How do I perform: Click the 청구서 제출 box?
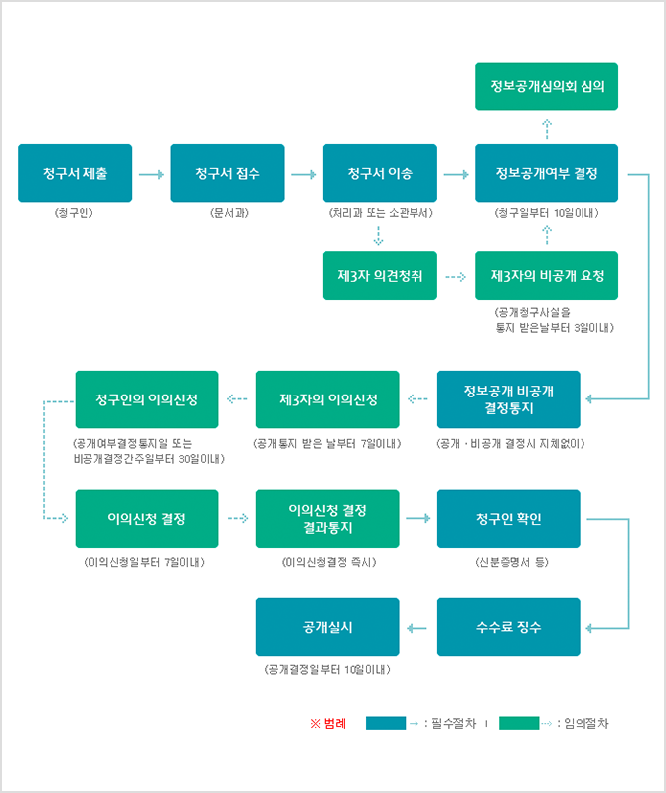point(76,174)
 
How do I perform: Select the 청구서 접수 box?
point(228,174)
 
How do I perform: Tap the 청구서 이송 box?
point(380,174)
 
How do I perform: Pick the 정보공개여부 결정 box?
point(546,174)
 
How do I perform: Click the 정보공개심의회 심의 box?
point(546,85)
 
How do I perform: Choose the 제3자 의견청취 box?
point(380,275)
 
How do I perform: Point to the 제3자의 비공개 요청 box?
point(546,275)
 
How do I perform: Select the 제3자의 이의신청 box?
point(327,399)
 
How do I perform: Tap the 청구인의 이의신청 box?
point(146,399)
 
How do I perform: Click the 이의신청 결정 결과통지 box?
point(327,518)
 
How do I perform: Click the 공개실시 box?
point(327,627)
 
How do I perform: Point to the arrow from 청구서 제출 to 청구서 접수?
point(151,174)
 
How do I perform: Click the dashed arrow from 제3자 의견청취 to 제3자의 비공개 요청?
point(455,276)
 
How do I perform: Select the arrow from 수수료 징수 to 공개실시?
point(417,627)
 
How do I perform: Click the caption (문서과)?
point(228,213)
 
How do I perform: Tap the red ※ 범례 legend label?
point(328,723)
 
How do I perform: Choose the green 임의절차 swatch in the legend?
point(518,723)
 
